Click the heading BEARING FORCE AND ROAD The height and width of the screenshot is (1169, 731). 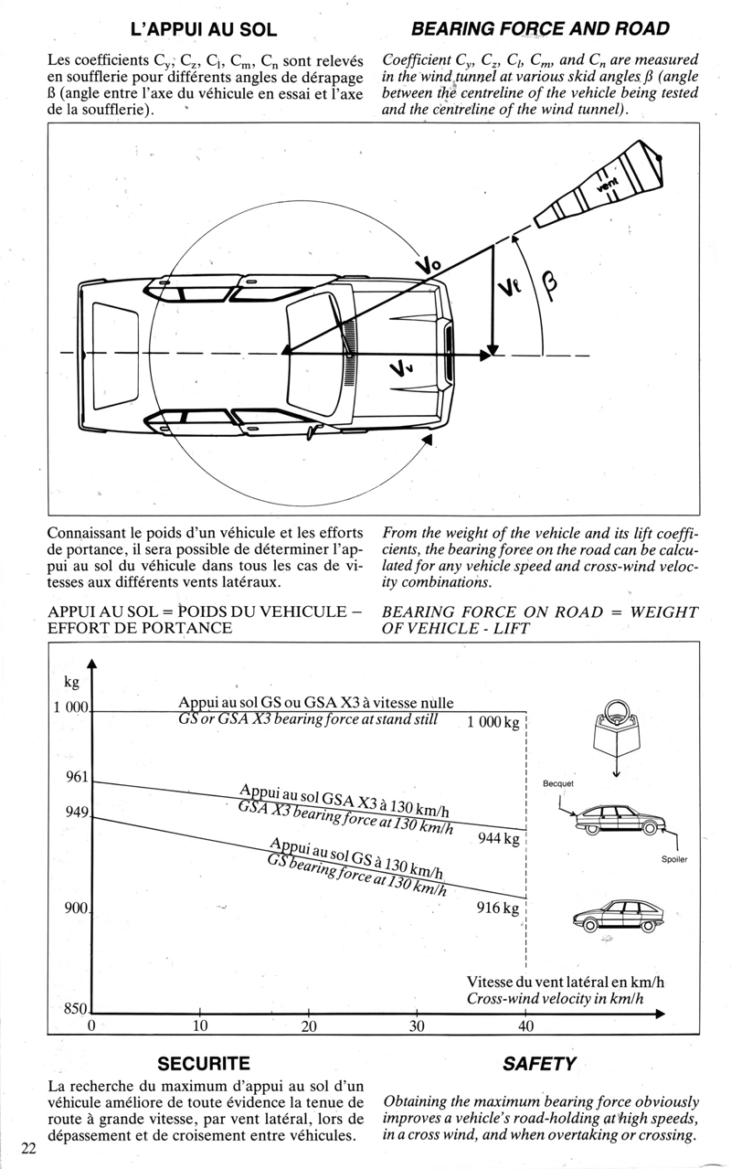pyautogui.click(x=540, y=29)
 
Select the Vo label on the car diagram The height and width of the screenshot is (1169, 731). pyautogui.click(x=428, y=264)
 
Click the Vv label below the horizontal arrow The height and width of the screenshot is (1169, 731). pyautogui.click(x=400, y=369)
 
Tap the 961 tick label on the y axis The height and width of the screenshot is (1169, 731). pyautogui.click(x=77, y=778)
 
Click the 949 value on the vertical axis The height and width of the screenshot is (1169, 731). pyautogui.click(x=77, y=812)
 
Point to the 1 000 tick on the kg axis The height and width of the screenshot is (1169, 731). pyautogui.click(x=70, y=707)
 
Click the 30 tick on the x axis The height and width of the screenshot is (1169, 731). pyautogui.click(x=418, y=1026)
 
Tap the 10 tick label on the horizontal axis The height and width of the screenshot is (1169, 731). pyautogui.click(x=200, y=1026)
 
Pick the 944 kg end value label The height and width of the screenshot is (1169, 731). pyautogui.click(x=498, y=839)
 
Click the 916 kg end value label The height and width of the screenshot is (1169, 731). pyautogui.click(x=498, y=909)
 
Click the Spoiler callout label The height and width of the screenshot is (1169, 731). pyautogui.click(x=674, y=860)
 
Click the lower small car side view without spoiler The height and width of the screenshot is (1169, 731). pyautogui.click(x=617, y=915)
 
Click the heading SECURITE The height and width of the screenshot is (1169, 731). pyautogui.click(x=204, y=1064)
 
